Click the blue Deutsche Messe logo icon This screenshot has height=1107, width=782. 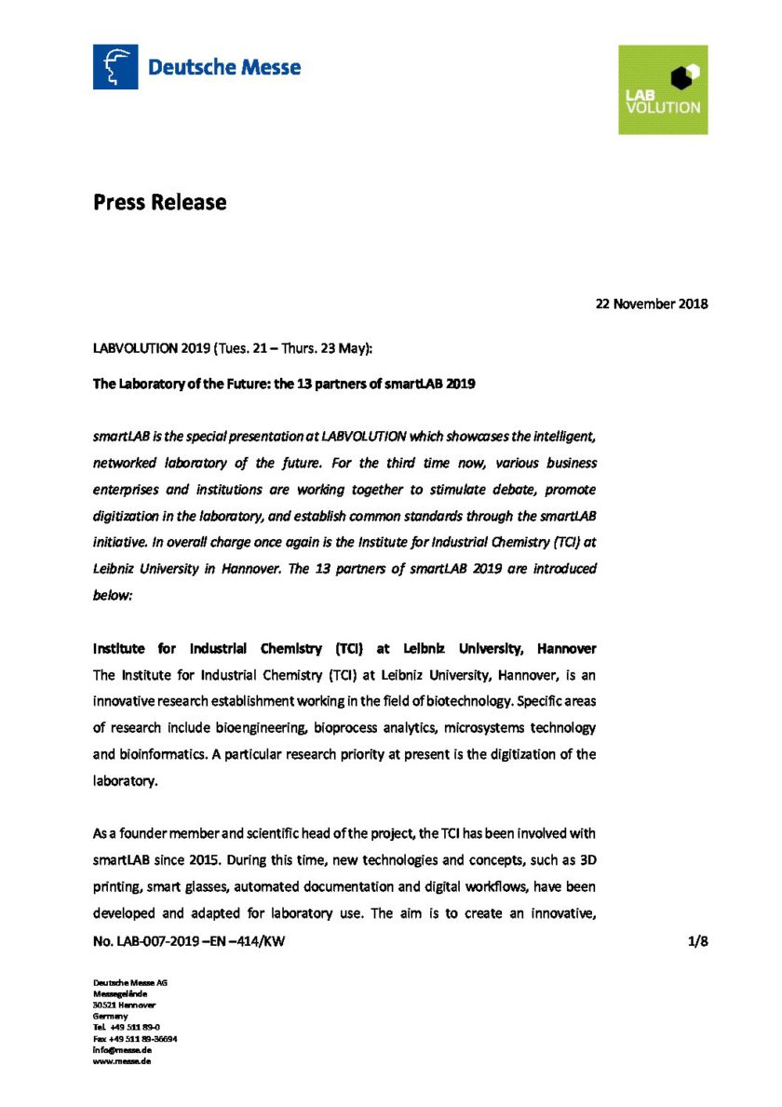[x=115, y=67]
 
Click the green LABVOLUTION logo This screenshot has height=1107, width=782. [x=663, y=89]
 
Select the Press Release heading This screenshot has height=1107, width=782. [x=159, y=201]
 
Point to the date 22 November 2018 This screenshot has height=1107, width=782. [x=652, y=304]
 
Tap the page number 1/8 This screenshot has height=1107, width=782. [x=698, y=942]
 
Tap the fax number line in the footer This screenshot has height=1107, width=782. [x=135, y=1038]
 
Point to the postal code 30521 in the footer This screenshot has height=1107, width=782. [x=103, y=1005]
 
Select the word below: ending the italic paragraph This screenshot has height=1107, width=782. [x=113, y=593]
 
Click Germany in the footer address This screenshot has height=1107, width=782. [x=110, y=1016]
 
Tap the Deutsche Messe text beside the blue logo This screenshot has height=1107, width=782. [x=224, y=67]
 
